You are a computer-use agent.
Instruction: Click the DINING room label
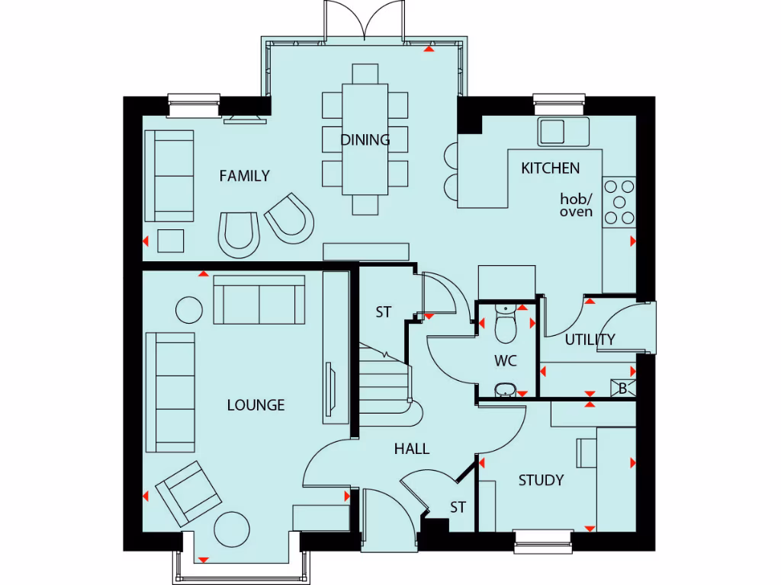tap(365, 139)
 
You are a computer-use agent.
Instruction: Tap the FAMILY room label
tap(244, 176)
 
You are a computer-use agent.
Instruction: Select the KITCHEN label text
tap(550, 168)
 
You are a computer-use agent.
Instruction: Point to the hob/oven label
tap(576, 205)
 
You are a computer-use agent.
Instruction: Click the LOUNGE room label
tap(256, 404)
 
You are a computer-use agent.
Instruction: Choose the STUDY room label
tap(541, 480)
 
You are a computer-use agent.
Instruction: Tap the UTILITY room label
tap(590, 340)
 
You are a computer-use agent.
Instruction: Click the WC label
tap(505, 360)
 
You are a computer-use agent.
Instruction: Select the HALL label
tap(411, 449)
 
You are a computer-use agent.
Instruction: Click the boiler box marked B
tap(622, 388)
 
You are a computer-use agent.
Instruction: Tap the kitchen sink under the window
tap(563, 131)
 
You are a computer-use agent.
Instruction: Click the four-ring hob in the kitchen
tap(619, 202)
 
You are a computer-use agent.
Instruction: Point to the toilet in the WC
tap(506, 325)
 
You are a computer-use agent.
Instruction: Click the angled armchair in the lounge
tap(188, 494)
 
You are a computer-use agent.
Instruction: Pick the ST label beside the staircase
tap(383, 312)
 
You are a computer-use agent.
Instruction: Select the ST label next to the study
tap(457, 507)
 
